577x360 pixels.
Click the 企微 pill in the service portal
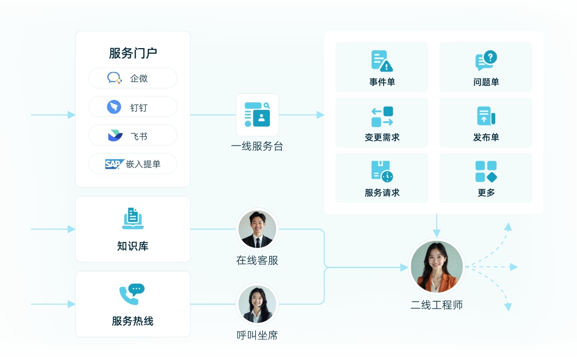(133, 78)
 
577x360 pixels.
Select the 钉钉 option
(133, 107)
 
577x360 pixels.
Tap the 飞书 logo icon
(115, 135)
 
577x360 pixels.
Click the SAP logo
(115, 163)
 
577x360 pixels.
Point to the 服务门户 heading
(133, 53)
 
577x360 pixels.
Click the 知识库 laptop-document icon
(133, 219)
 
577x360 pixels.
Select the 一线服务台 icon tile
(257, 115)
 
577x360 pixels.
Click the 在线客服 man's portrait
(257, 229)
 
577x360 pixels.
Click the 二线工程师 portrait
(437, 267)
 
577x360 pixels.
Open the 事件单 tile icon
(382, 61)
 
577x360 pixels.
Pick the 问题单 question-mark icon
(486, 61)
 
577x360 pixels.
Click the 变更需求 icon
(382, 117)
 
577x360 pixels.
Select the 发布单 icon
(486, 117)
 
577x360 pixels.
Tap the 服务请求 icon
(382, 172)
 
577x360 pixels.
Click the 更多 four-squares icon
(486, 172)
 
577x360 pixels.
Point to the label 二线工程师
(437, 305)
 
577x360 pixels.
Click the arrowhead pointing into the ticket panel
(320, 115)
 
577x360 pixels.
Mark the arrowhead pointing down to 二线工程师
(437, 233)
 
